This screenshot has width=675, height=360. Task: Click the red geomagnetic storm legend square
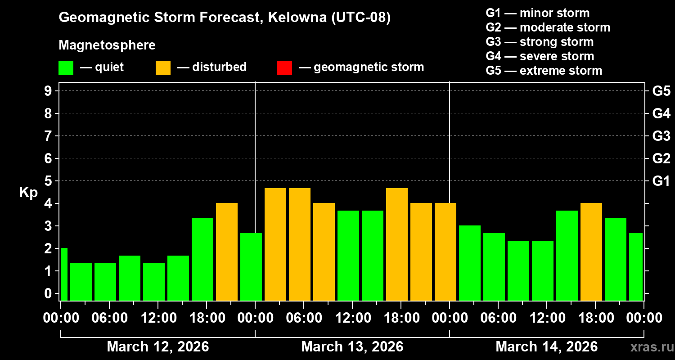(284, 67)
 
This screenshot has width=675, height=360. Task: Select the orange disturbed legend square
(163, 67)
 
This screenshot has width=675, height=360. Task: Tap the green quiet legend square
(66, 67)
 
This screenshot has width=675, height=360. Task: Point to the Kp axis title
(28, 192)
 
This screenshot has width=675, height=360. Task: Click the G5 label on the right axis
(661, 91)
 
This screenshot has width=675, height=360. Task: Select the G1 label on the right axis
(661, 181)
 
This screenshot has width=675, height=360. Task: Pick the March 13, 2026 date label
(352, 347)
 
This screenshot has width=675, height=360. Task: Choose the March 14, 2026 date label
(546, 347)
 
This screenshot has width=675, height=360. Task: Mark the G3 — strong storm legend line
(540, 42)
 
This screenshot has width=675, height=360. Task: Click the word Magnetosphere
(107, 45)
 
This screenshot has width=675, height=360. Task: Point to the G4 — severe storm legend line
(540, 56)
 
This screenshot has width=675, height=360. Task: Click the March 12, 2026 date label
(157, 347)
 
